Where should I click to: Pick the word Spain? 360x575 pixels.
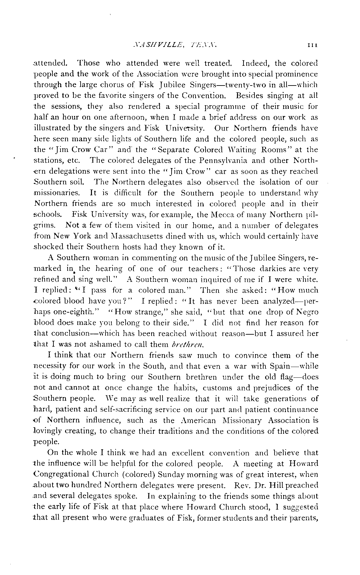tap(281, 366)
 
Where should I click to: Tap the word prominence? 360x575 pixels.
tap(294, 74)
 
